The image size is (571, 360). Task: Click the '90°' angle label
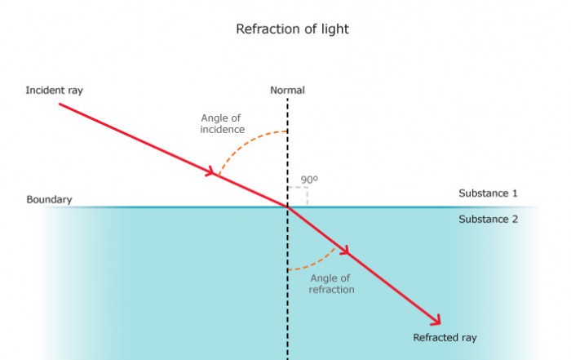pos(309,179)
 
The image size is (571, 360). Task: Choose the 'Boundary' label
pos(49,199)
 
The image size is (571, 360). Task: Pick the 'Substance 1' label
pos(488,193)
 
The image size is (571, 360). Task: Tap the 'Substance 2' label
pos(488,219)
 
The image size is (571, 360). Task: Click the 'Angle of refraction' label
pos(332,283)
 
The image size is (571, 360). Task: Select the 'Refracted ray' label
pos(445,337)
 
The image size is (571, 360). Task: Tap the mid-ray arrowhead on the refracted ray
pos(345,251)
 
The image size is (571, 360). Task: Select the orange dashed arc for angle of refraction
pos(314,262)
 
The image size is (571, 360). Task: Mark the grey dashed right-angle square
pos(298,197)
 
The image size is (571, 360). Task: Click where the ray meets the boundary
pos(287,207)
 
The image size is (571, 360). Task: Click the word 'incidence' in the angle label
pos(222,129)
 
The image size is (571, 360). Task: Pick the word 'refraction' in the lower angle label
pos(332,289)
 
